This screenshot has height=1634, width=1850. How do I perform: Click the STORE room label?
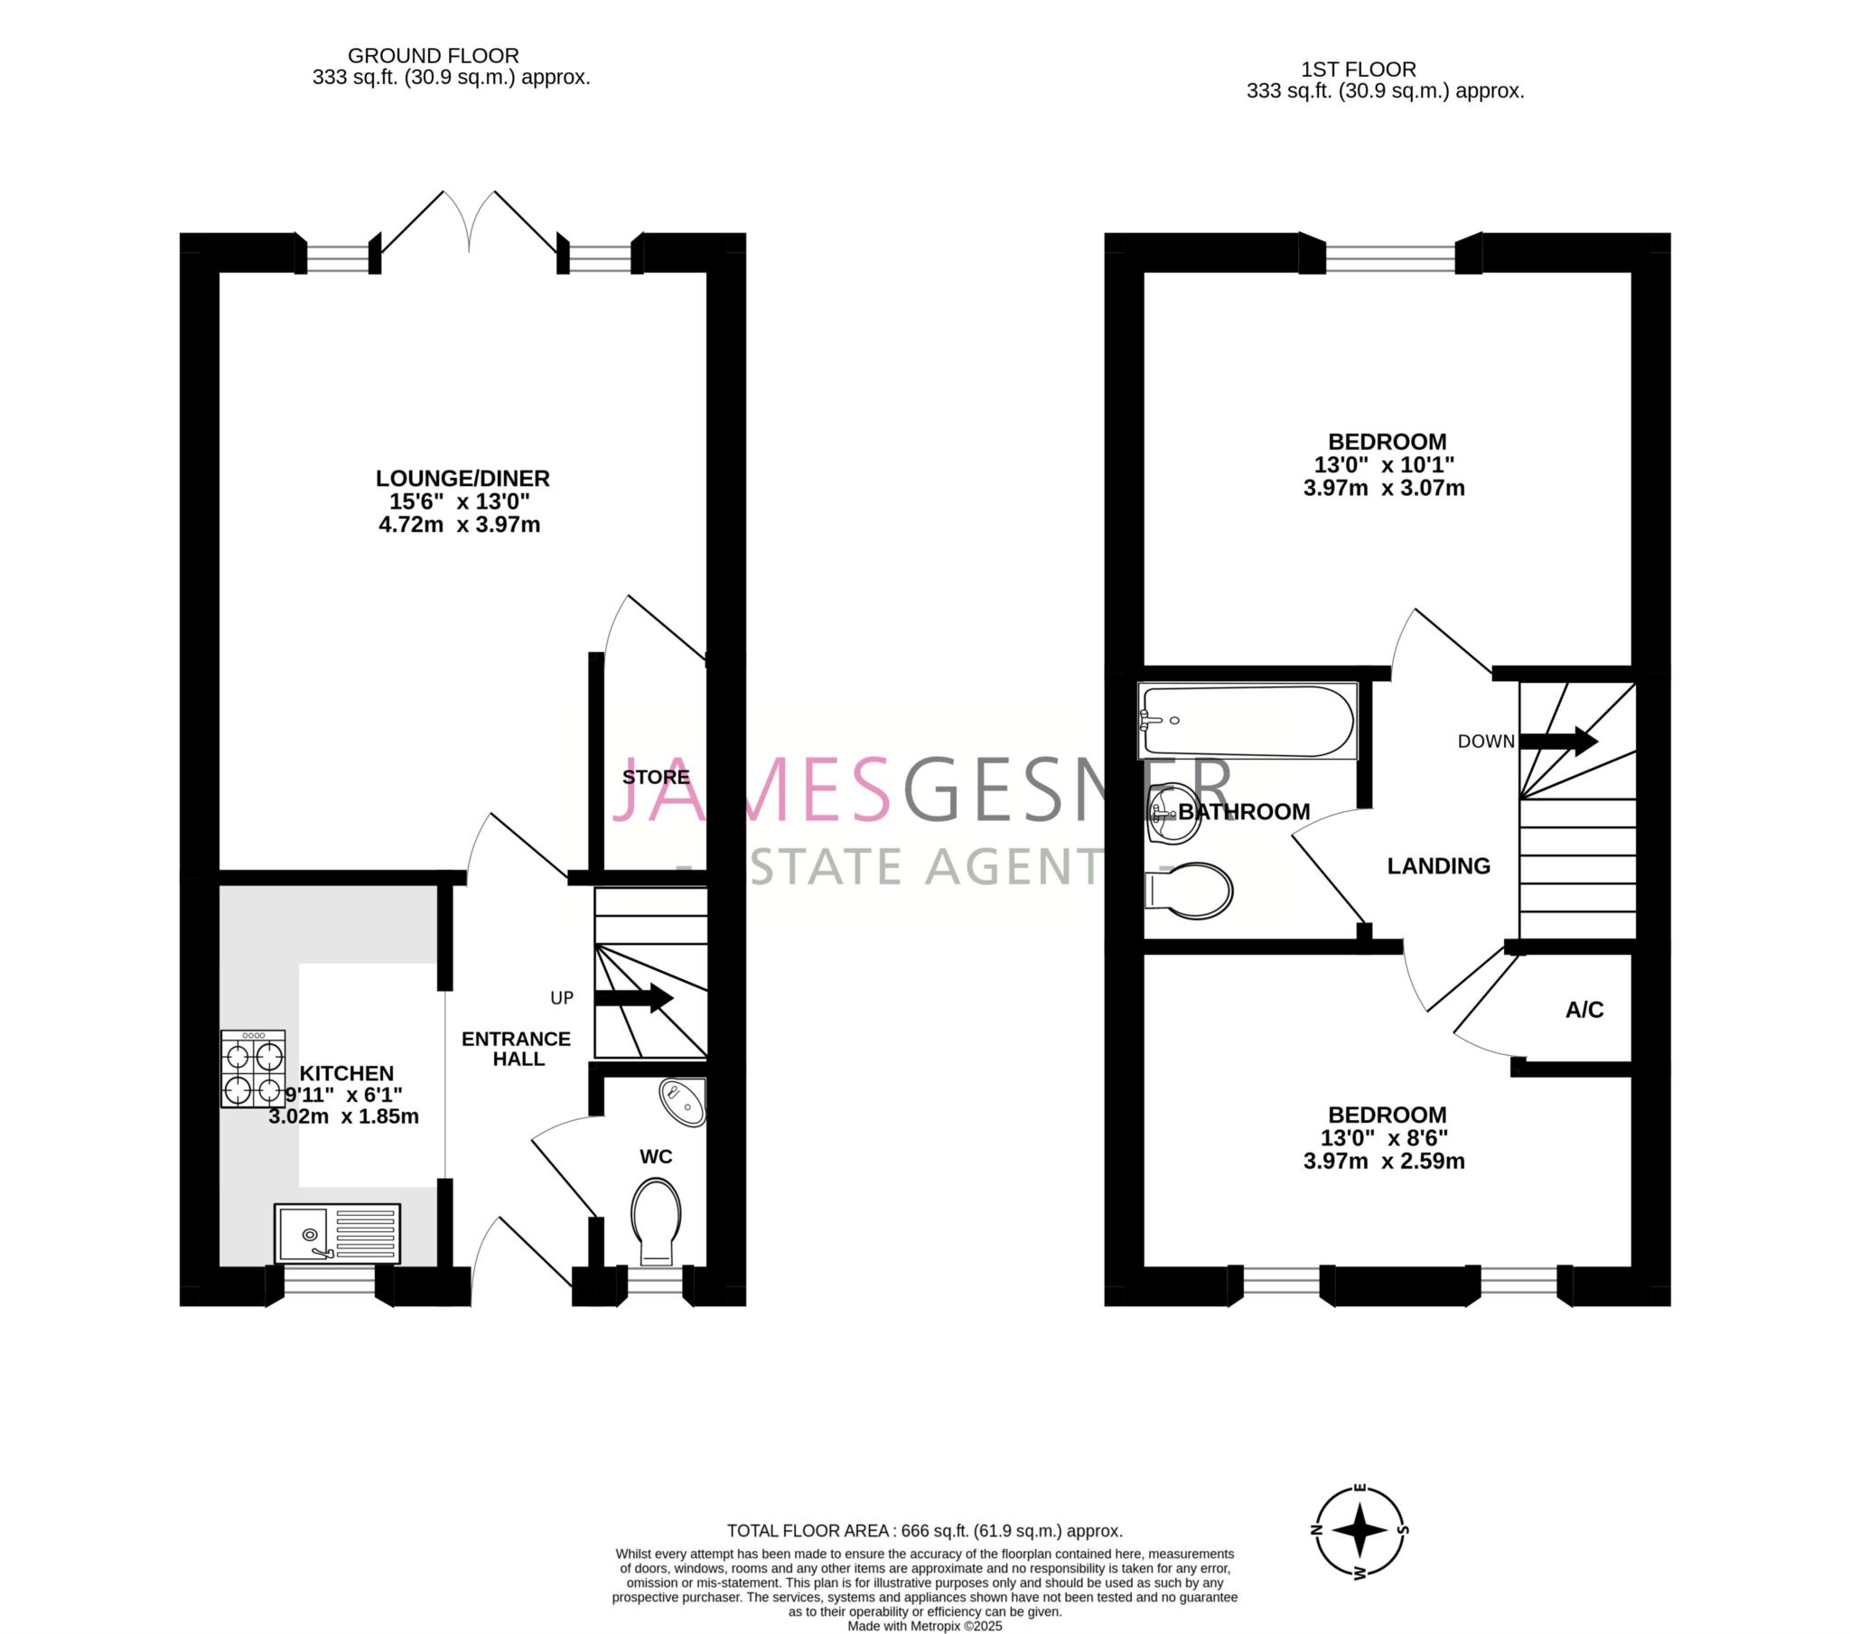[x=655, y=777]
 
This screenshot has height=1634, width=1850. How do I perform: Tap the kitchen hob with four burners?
[x=253, y=1069]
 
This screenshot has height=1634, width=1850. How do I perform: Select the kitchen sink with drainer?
[x=337, y=1233]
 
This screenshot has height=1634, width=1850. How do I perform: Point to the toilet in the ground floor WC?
[x=656, y=1221]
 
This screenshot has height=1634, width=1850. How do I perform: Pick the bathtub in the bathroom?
[x=1248, y=721]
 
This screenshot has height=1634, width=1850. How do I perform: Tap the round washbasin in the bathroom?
[x=1169, y=812]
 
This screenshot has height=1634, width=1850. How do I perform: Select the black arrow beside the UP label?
[x=633, y=998]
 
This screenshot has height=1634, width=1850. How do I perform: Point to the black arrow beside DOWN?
[x=1557, y=741]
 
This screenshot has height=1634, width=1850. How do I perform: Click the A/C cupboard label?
[x=1584, y=1010]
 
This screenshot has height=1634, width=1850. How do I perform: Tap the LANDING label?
[x=1438, y=866]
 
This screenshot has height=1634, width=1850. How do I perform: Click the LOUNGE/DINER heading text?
[x=462, y=478]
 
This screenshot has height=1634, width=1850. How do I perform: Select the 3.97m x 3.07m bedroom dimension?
[x=1384, y=488]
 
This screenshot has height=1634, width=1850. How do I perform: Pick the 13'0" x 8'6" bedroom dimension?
[x=1384, y=1138]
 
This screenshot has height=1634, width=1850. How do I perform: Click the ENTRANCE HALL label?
[x=517, y=1049]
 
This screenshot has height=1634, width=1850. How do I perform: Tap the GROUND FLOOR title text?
[x=434, y=56]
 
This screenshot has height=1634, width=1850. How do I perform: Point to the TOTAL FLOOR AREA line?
[x=925, y=1531]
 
